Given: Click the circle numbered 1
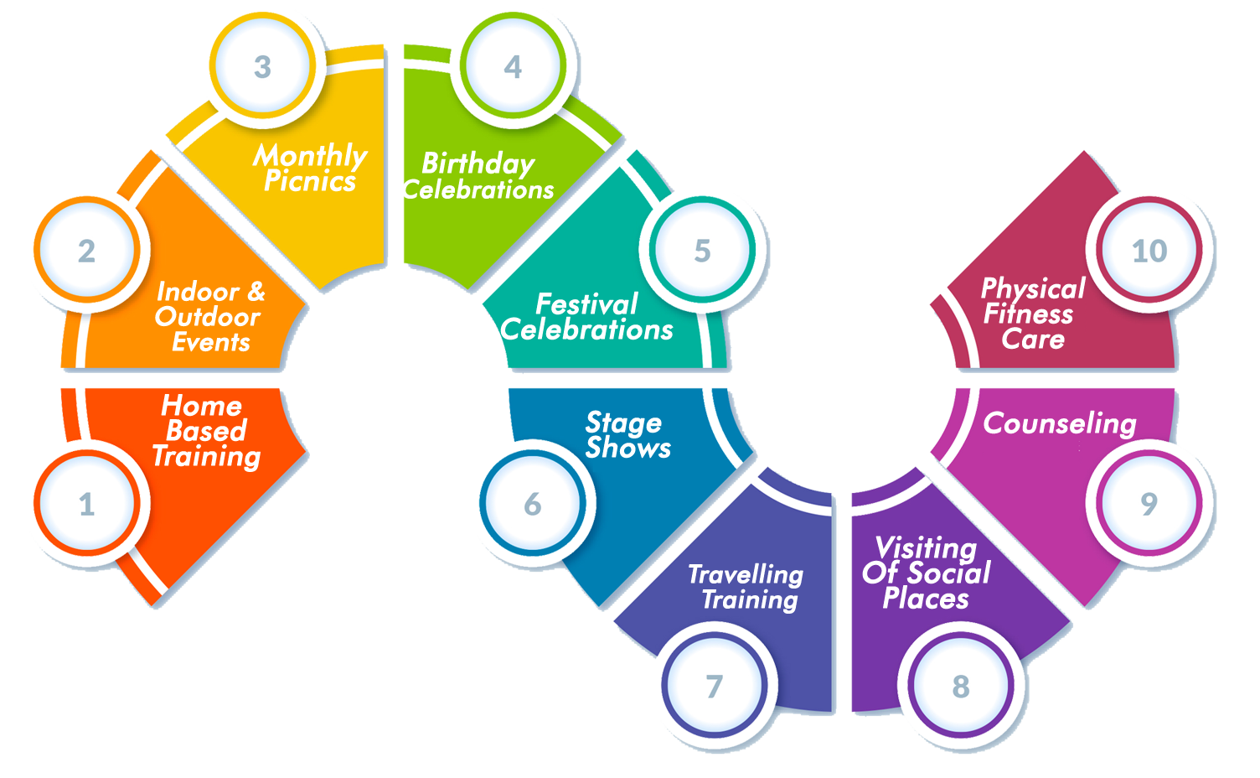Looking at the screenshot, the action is tap(86, 503).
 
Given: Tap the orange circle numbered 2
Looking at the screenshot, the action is tap(86, 249).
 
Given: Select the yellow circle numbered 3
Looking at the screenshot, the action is tap(263, 66).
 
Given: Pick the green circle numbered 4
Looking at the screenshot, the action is tap(513, 66).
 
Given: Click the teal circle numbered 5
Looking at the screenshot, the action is tap(702, 249).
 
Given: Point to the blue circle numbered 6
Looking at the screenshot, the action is tap(533, 503).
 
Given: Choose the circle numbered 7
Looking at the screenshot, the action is tap(715, 685).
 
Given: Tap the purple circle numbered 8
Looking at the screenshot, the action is tap(961, 685).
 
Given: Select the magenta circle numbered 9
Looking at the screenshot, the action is tap(1149, 503).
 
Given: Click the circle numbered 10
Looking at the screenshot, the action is tap(1149, 249).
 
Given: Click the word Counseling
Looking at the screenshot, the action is tap(1060, 424).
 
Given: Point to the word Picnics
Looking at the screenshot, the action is tap(310, 181).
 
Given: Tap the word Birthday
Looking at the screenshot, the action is tap(478, 164).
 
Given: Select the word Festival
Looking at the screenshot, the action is tap(586, 304).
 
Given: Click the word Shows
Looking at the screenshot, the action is tap(628, 449).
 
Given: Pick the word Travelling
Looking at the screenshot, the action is tap(746, 575).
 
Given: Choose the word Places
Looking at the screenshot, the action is tap(926, 599).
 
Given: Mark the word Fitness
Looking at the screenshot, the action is tap(1028, 314).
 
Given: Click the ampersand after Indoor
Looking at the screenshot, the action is tap(256, 292).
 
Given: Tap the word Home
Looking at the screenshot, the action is tap(201, 405).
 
